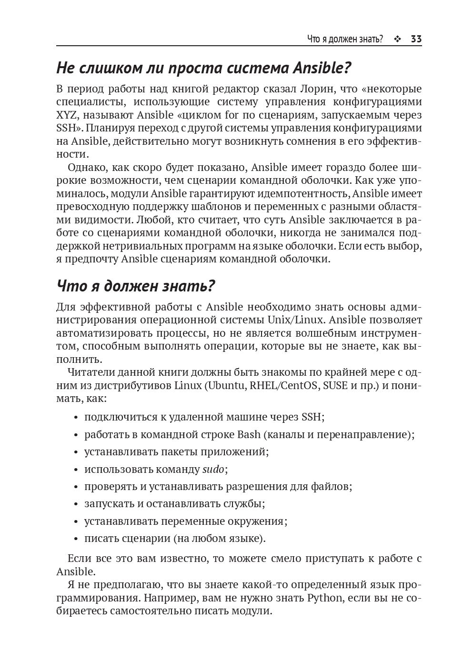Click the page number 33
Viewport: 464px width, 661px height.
pos(416,39)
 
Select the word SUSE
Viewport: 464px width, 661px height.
pos(335,385)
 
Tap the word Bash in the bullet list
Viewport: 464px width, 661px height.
pos(249,434)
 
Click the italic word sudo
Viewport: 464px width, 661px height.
pos(212,469)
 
